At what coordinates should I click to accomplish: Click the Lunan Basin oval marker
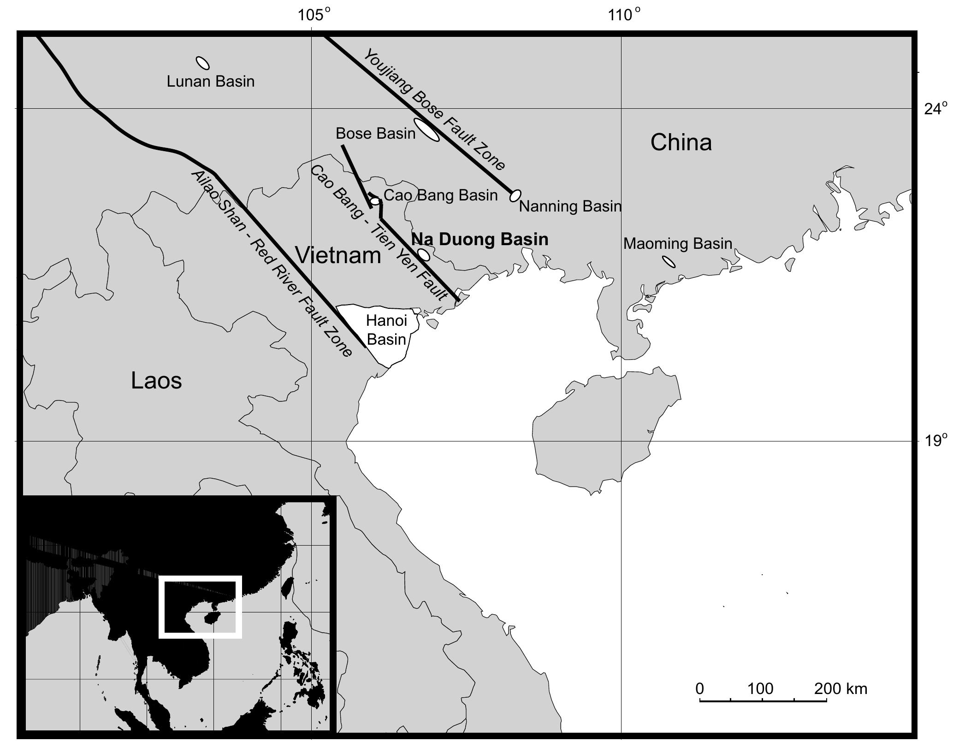[202, 63]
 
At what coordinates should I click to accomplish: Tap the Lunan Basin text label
[210, 82]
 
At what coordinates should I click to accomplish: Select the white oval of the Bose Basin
[426, 129]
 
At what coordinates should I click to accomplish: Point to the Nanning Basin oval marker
[515, 195]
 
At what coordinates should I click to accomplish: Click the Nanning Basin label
[570, 206]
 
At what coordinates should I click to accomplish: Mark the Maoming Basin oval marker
[669, 261]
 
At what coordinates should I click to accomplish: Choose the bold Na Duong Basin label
[479, 240]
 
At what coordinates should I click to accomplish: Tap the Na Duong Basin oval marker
[423, 254]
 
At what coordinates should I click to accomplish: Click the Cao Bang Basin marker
[375, 201]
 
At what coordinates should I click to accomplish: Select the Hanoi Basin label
[386, 330]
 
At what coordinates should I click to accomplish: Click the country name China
[681, 142]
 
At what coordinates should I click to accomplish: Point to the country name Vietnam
[338, 255]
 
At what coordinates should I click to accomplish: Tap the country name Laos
[156, 381]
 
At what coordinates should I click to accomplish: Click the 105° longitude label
[314, 15]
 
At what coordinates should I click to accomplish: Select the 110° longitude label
[624, 15]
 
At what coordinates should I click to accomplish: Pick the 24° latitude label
[936, 109]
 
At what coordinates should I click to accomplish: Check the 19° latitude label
[936, 441]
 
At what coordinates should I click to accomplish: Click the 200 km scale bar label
[840, 689]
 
